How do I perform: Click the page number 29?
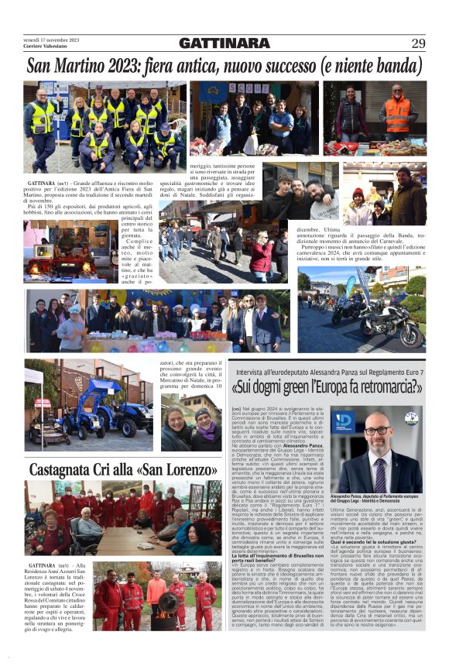(418, 43)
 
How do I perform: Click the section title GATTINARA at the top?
(224, 43)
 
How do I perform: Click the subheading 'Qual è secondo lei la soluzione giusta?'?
(372, 563)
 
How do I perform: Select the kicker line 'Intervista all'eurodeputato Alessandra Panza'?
(310, 372)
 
